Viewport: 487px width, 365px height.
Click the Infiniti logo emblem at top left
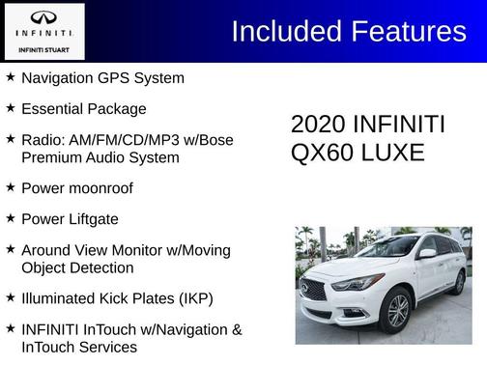(43, 17)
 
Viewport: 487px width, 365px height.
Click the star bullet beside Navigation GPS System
(10, 76)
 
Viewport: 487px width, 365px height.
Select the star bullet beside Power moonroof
(10, 187)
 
